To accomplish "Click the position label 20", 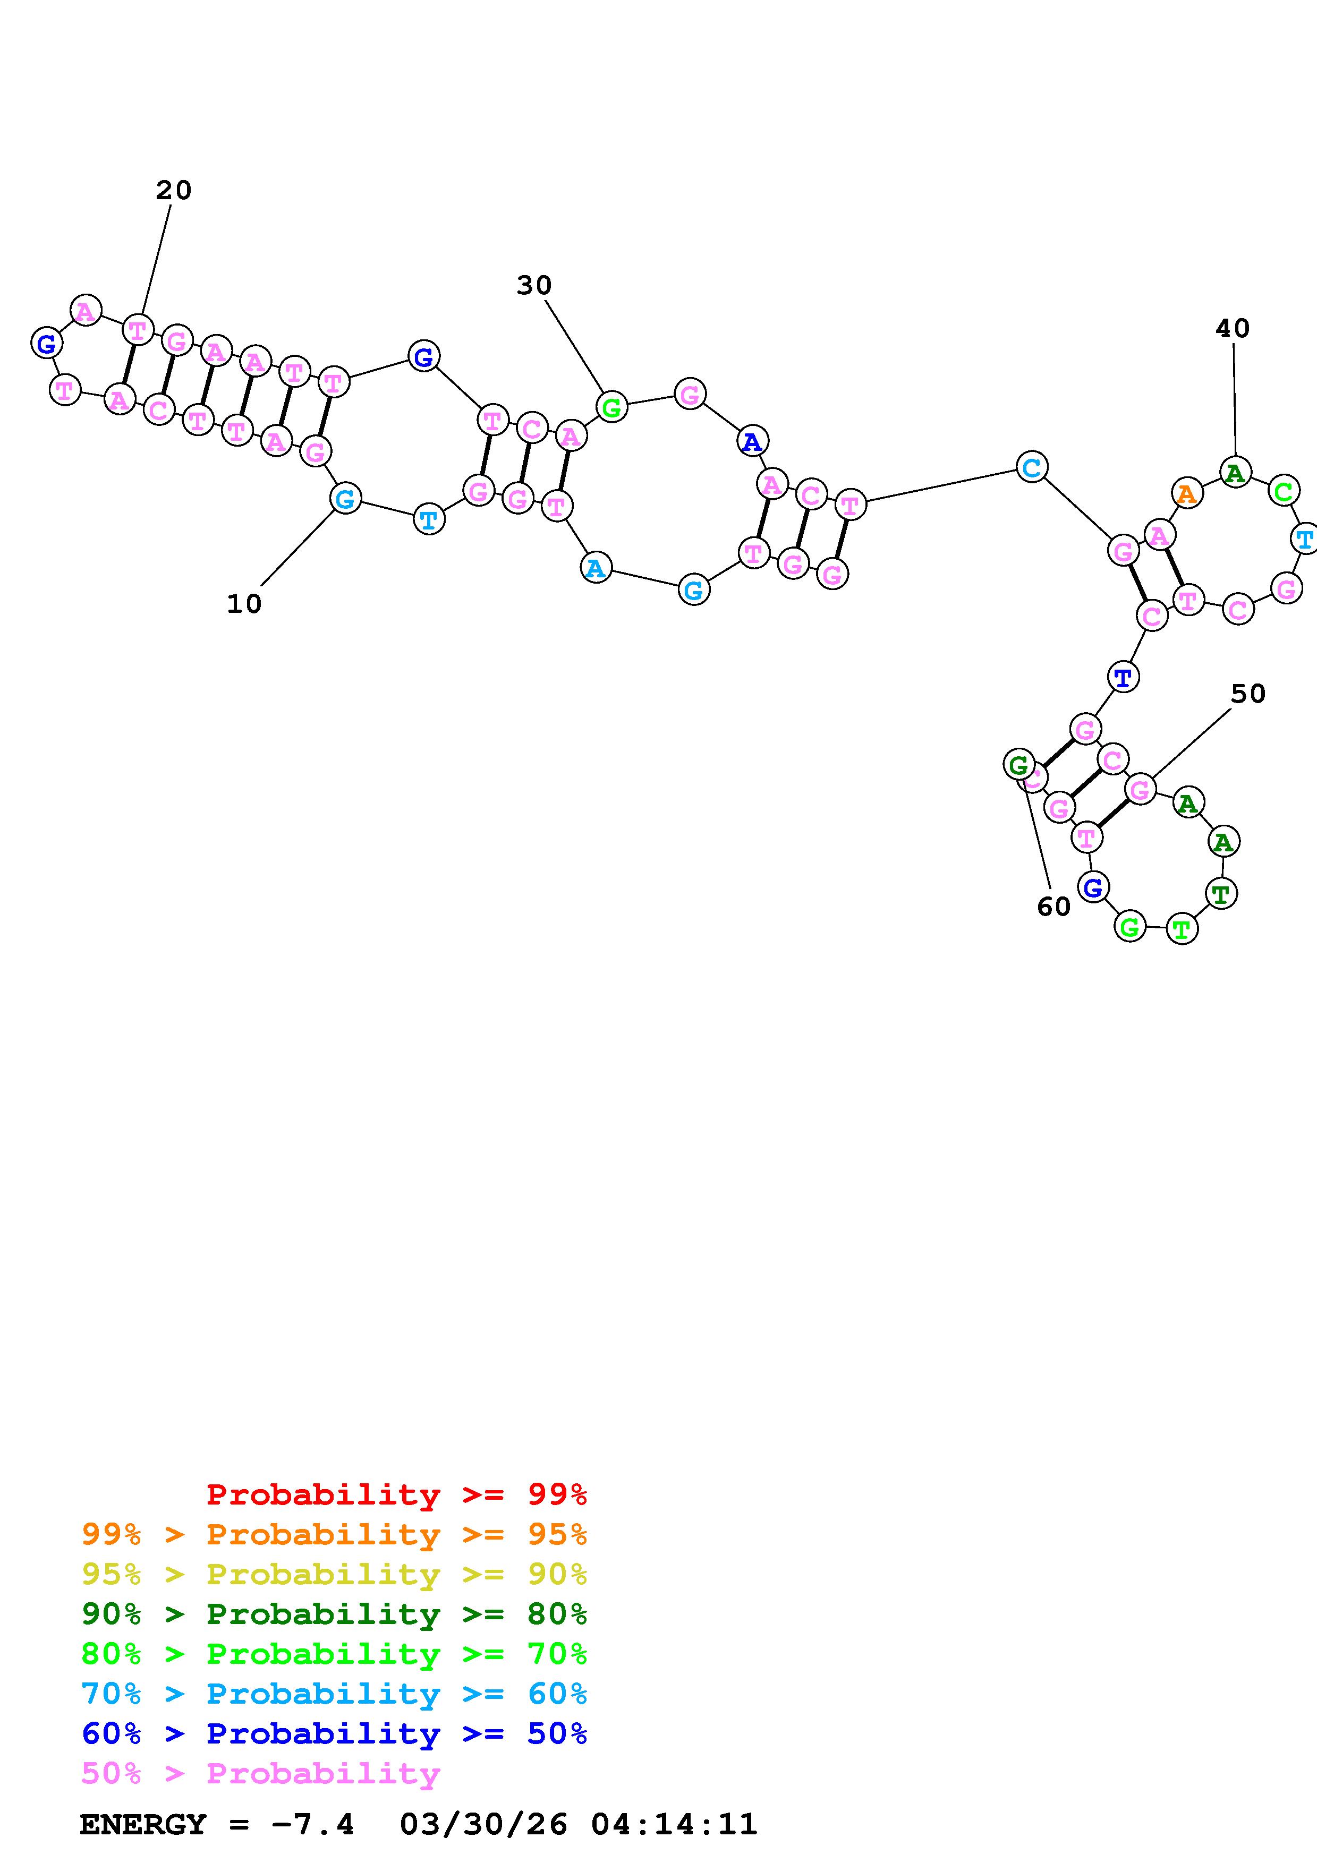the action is point(174,191).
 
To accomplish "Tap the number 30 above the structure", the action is point(534,286).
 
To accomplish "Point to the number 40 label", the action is point(1232,329).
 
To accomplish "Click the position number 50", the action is point(1248,694).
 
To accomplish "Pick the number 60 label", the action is point(1053,907).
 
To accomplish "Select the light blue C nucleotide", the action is point(1031,467).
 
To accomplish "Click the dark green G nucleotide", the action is point(1017,764).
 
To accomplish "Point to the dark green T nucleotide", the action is point(1221,894).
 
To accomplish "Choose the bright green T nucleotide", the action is point(1182,928).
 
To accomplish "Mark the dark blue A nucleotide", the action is point(752,442).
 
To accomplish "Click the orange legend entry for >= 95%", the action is point(334,1534).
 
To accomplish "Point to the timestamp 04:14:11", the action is point(674,1824).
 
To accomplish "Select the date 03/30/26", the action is point(483,1824).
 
